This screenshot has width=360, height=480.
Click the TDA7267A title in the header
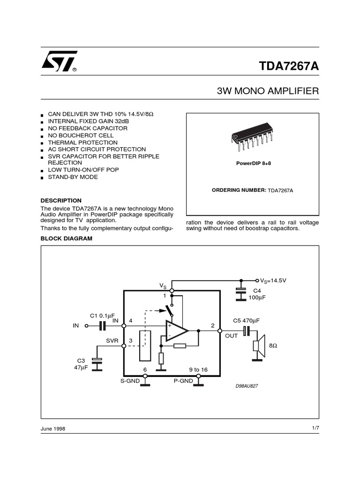coord(289,66)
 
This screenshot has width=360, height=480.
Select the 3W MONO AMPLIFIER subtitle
coord(268,90)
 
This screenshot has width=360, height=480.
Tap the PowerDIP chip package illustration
coord(253,139)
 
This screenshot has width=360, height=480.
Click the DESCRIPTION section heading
coord(61,200)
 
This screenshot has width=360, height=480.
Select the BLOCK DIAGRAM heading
coord(67,239)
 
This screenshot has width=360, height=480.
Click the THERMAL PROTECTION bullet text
coord(83,142)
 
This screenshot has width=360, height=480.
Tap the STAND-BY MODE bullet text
coord(73,177)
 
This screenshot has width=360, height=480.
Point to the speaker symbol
coord(259,345)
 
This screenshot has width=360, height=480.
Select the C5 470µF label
coord(246,321)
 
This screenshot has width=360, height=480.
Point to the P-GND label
coord(183,381)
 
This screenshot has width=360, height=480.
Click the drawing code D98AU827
coord(247,386)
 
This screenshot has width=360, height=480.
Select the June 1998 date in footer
coord(53,429)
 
